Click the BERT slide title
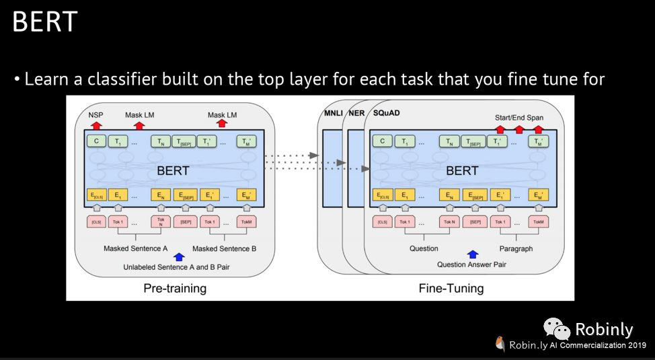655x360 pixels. point(44,22)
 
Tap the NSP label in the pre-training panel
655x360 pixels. point(95,115)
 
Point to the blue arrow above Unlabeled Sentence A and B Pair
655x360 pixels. point(178,257)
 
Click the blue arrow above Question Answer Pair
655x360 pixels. point(472,254)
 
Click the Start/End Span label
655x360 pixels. point(518,118)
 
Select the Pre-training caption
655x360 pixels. point(175,289)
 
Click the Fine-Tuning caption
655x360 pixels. point(451,289)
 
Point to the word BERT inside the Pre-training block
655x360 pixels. point(173,170)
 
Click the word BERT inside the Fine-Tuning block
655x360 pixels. point(462,170)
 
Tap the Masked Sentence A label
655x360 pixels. point(135,249)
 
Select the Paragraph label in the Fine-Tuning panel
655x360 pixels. point(516,249)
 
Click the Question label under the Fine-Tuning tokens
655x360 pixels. point(424,249)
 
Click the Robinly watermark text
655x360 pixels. point(603,329)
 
